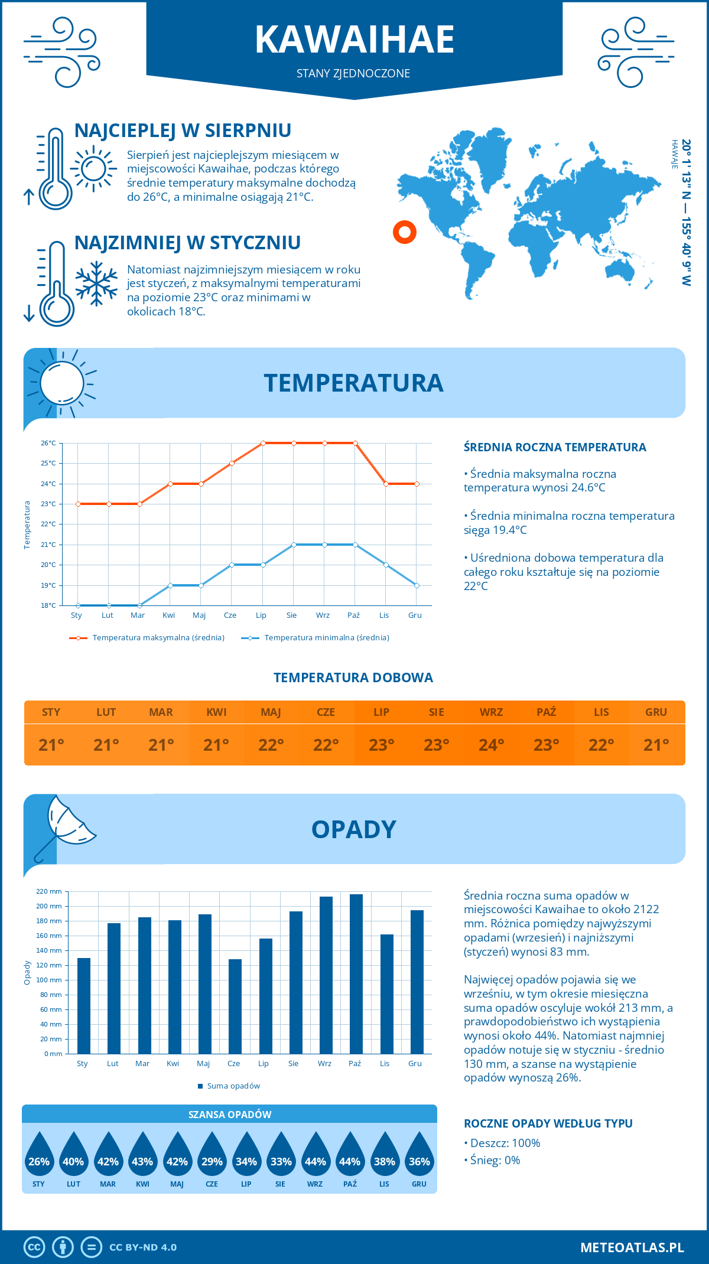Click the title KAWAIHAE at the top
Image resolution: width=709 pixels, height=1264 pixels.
(354, 40)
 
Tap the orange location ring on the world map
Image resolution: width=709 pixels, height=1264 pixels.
(405, 232)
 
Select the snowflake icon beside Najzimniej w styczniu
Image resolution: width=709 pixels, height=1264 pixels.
(96, 284)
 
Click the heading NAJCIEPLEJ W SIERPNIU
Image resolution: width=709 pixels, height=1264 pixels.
(183, 131)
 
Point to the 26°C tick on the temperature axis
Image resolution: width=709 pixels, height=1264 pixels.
(48, 443)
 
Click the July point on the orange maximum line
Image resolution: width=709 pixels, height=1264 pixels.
(263, 443)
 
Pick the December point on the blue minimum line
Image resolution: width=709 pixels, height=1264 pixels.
(417, 585)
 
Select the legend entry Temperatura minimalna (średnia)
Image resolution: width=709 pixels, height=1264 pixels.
(326, 638)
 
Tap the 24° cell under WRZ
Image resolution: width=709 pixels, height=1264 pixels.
(491, 745)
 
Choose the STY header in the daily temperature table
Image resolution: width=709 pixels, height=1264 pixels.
(51, 712)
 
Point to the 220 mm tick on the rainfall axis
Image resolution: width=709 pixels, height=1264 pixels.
(50, 891)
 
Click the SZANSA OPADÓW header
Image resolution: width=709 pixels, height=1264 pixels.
(230, 1115)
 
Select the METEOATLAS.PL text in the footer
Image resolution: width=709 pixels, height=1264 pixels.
(632, 1247)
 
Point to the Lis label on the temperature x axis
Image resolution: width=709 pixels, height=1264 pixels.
(384, 615)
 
